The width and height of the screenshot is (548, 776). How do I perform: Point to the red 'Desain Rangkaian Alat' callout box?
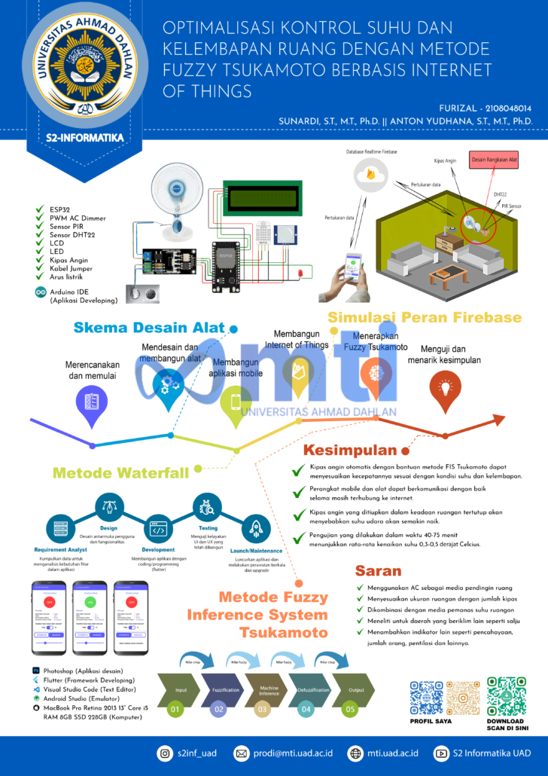493,160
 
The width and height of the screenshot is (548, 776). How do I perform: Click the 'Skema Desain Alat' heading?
149,327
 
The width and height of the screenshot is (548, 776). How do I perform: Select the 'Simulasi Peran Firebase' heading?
424,317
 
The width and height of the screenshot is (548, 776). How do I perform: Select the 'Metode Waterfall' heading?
120,473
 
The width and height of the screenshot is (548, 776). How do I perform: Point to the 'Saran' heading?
378,570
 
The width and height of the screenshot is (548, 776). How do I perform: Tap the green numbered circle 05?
350,709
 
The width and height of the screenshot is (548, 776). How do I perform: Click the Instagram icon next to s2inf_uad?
164,753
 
